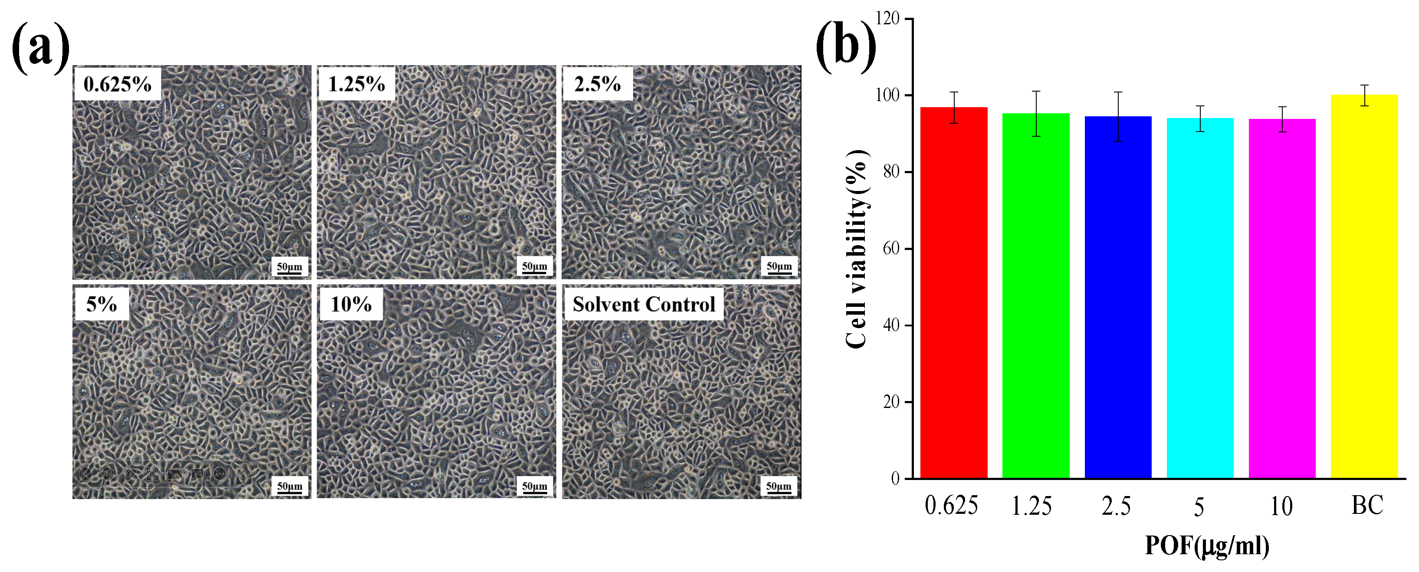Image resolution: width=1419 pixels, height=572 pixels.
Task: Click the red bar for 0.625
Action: tap(953, 292)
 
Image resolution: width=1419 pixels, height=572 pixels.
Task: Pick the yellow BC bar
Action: tap(1364, 286)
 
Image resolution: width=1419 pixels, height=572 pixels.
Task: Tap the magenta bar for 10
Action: tap(1282, 298)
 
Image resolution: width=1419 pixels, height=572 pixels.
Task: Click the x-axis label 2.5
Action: tap(1116, 506)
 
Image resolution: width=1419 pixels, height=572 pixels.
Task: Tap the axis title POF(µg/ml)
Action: tap(1206, 546)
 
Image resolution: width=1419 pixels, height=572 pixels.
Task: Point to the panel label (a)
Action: tap(41, 49)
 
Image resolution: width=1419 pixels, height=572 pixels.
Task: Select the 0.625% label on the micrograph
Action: tap(117, 84)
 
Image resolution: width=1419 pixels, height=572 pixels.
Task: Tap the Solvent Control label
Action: tap(644, 304)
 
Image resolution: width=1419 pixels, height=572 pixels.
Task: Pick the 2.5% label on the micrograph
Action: tap(597, 84)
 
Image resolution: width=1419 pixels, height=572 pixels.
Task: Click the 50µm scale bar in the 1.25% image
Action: tap(534, 267)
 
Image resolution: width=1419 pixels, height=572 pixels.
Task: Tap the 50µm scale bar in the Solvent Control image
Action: tap(779, 487)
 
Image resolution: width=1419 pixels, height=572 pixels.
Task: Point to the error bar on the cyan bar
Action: tap(1200, 118)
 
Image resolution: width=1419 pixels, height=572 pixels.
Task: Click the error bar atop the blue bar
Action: tap(1118, 116)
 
